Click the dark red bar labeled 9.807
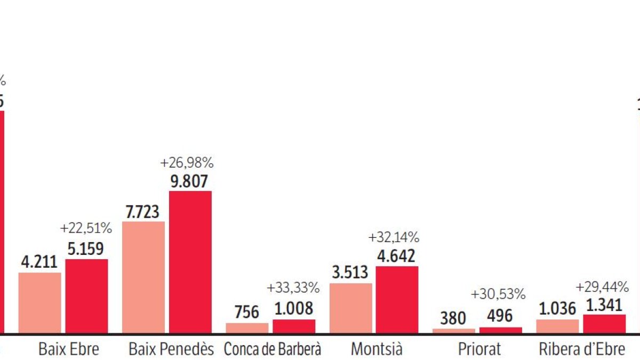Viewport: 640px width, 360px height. [x=190, y=261]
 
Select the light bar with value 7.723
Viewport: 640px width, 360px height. [x=143, y=277]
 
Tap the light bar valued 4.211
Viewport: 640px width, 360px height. [x=39, y=302]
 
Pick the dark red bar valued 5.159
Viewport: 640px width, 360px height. [x=86, y=296]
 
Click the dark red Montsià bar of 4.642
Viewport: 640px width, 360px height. [x=397, y=299]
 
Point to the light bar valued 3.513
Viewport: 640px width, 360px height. [x=350, y=308]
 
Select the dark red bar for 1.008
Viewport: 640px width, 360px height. [x=294, y=326]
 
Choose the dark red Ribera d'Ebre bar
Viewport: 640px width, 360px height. [x=604, y=324]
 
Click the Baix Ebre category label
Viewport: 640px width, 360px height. [x=69, y=349]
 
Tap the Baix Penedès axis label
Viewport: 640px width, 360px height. [x=171, y=349]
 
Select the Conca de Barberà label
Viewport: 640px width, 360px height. [x=273, y=349]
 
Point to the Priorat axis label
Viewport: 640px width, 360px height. [x=479, y=349]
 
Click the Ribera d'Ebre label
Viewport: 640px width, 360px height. [x=581, y=349]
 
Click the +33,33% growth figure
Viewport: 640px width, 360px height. [x=293, y=288]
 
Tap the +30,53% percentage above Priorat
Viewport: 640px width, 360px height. [x=499, y=294]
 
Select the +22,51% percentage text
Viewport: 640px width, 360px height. [x=86, y=228]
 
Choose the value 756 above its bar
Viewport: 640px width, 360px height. [x=246, y=311]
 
